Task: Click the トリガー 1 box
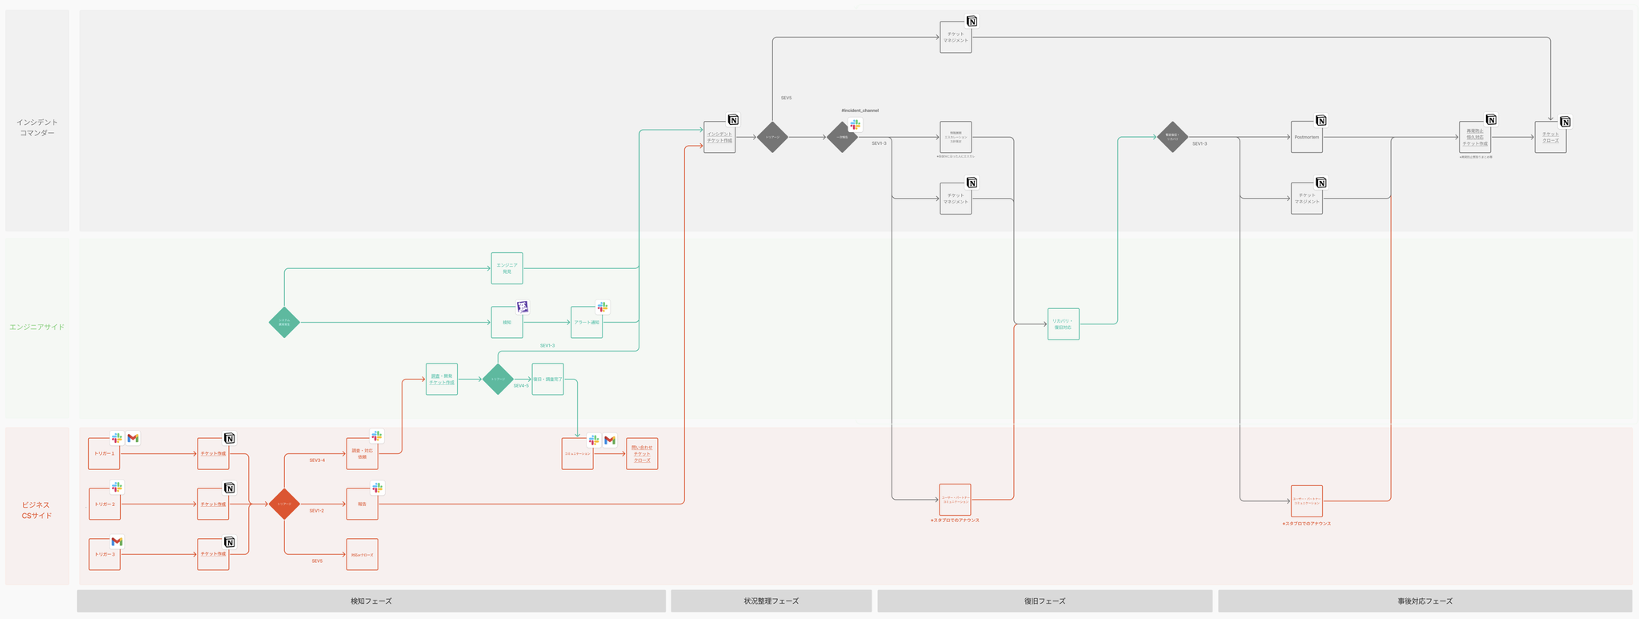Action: point(104,454)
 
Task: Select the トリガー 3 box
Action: point(104,554)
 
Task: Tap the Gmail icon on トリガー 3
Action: point(117,542)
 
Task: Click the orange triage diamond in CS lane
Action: point(284,504)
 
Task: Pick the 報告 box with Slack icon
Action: point(362,504)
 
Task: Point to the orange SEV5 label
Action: point(317,561)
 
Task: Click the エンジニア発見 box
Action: point(507,268)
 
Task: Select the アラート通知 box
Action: point(587,322)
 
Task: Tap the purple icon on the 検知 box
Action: point(523,307)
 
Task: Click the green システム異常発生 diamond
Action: point(284,322)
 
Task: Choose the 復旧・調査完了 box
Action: point(547,379)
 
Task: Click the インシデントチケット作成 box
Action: point(719,137)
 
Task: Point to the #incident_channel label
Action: point(860,111)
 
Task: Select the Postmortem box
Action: point(1306,137)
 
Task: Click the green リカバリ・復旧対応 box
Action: point(1063,324)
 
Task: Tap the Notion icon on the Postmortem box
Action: point(1321,121)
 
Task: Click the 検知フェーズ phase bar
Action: point(371,601)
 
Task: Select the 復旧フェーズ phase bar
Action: point(1044,601)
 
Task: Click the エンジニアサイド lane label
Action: point(37,327)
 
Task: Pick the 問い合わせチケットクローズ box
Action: point(642,454)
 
